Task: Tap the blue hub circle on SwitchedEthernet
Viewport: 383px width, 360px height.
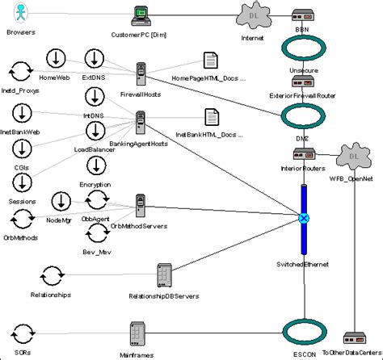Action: click(304, 218)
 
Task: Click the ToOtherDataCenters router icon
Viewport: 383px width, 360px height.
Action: click(352, 338)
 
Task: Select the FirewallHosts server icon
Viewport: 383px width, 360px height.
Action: click(141, 74)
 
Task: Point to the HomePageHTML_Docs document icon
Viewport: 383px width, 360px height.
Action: click(208, 61)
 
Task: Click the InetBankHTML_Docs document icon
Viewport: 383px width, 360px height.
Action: click(210, 117)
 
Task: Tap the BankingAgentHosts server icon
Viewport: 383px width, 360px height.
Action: click(141, 123)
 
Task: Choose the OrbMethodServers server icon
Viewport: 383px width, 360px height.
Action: click(140, 206)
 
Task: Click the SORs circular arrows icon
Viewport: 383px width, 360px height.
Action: click(23, 333)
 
